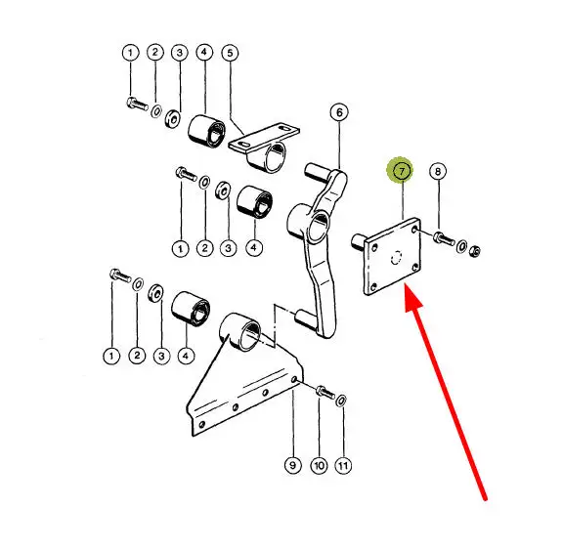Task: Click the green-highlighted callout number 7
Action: click(x=401, y=171)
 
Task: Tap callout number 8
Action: click(x=438, y=171)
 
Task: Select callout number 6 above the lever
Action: click(x=339, y=112)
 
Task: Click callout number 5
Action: click(x=230, y=53)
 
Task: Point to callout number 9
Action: click(x=292, y=465)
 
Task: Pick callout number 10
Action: click(x=319, y=466)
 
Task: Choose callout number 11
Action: click(x=343, y=466)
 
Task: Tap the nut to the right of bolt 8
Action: click(x=475, y=251)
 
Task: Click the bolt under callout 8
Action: click(x=444, y=237)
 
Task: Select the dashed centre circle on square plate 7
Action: click(x=396, y=258)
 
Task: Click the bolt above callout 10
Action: click(x=325, y=392)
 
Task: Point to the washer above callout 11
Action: click(x=341, y=401)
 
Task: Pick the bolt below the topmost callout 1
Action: click(x=137, y=104)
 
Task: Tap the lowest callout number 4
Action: click(x=186, y=356)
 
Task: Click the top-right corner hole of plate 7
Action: click(x=414, y=230)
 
